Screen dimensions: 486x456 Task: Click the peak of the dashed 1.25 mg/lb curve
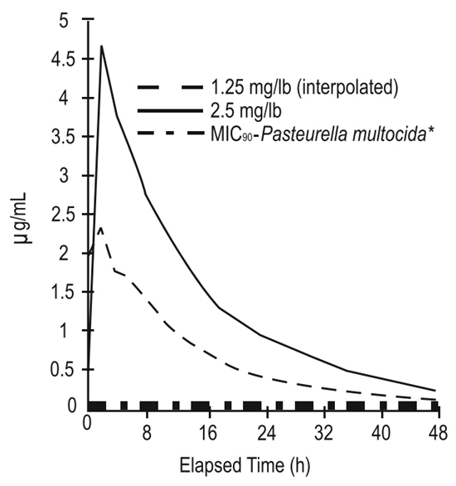(x=100, y=228)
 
